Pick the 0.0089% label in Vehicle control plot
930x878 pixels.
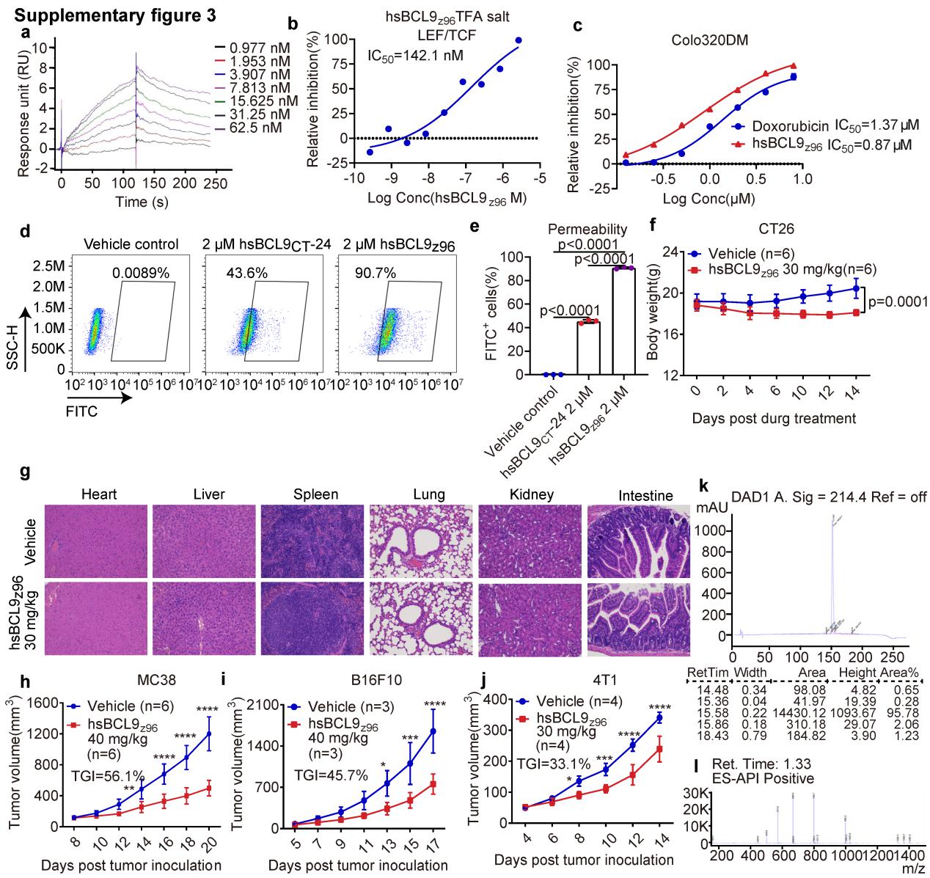point(141,273)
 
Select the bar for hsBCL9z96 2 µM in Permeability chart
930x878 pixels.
point(623,321)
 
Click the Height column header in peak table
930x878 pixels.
point(857,673)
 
